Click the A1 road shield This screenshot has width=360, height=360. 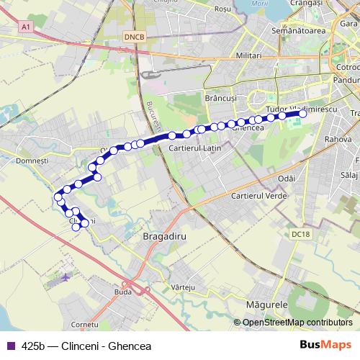26,27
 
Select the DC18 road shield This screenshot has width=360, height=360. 300,234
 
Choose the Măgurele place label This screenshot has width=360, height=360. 267,305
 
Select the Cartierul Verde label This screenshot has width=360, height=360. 255,196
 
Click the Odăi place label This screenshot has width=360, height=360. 286,177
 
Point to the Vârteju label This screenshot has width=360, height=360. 184,287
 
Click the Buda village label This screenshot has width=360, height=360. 122,293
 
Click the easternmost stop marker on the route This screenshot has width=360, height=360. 303,113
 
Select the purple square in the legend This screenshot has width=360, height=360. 11,346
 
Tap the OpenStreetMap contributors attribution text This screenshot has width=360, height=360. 297,323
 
